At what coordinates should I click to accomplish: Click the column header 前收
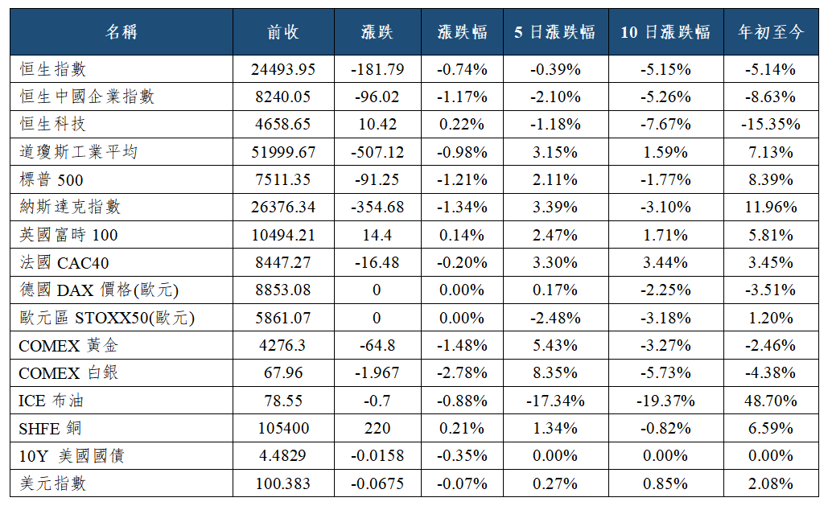pyautogui.click(x=283, y=32)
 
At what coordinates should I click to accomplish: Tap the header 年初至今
pyautogui.click(x=771, y=32)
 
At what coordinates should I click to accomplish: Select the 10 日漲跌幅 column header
pyautogui.click(x=665, y=32)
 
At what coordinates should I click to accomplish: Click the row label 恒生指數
pyautogui.click(x=53, y=69)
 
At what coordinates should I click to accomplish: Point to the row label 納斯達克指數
pyautogui.click(x=70, y=207)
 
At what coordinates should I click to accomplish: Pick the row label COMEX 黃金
pyautogui.click(x=68, y=345)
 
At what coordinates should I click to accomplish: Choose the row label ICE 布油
pyautogui.click(x=51, y=401)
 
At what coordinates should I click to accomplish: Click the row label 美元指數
pyautogui.click(x=53, y=483)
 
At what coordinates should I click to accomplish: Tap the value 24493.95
pyautogui.click(x=283, y=69)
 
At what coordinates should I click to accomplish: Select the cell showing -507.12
pyautogui.click(x=377, y=152)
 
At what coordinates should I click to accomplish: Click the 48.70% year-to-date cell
pyautogui.click(x=771, y=401)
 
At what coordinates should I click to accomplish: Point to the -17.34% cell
pyautogui.click(x=555, y=401)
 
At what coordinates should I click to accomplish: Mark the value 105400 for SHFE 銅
pyautogui.click(x=283, y=428)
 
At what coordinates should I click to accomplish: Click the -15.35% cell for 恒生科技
pyautogui.click(x=771, y=125)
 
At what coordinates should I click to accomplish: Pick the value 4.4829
pyautogui.click(x=283, y=455)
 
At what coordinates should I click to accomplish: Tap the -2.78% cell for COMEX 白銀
pyautogui.click(x=462, y=372)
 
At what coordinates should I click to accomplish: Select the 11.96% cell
pyautogui.click(x=771, y=207)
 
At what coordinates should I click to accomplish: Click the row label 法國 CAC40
pyautogui.click(x=64, y=262)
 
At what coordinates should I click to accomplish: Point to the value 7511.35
pyautogui.click(x=283, y=179)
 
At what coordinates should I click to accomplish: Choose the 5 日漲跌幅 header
pyautogui.click(x=555, y=32)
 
